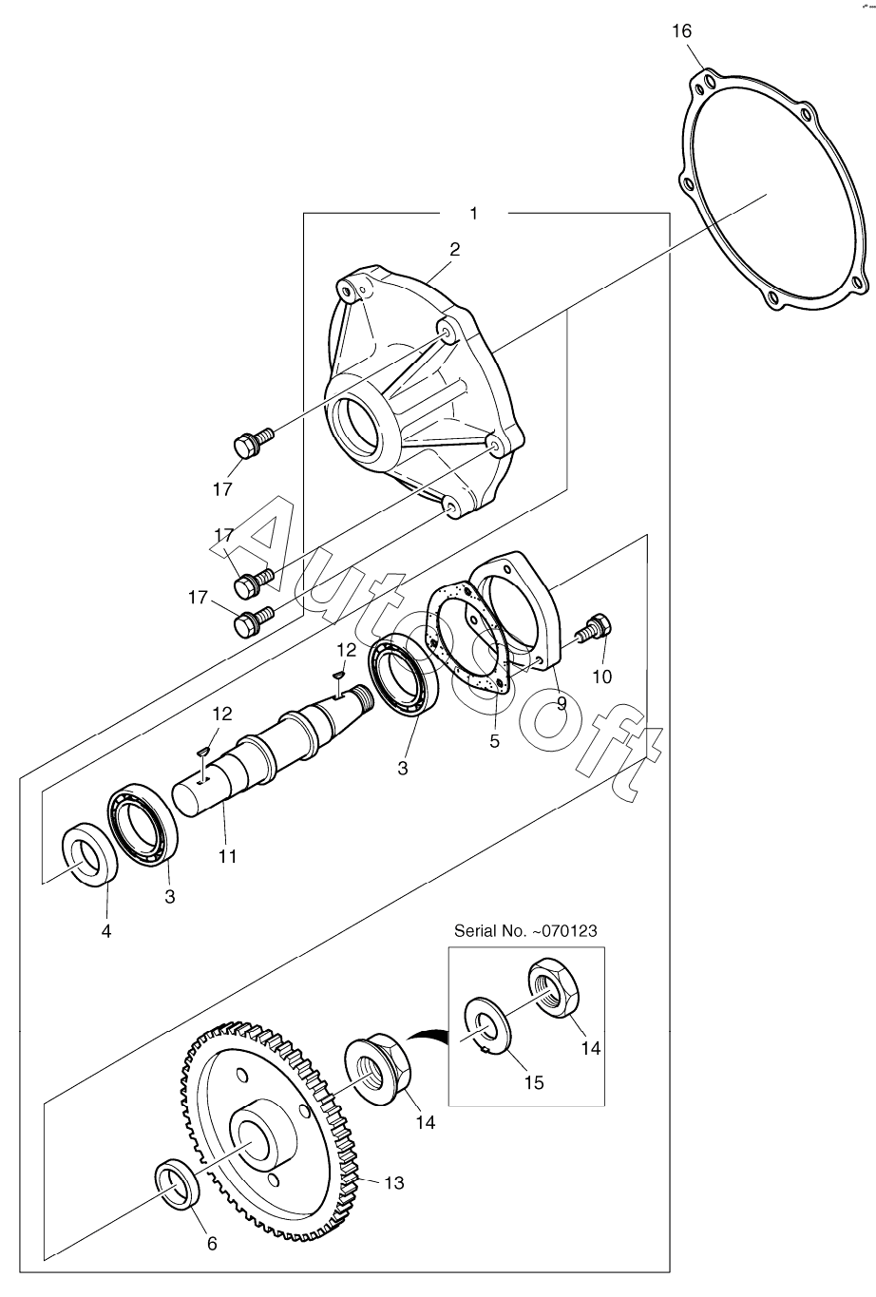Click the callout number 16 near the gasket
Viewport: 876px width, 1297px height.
pos(681,30)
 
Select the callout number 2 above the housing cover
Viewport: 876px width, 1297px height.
pos(454,250)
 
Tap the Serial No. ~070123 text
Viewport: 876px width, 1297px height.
pos(525,931)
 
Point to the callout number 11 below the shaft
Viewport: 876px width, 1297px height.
pos(227,856)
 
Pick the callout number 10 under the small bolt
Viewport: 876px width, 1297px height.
pos(602,677)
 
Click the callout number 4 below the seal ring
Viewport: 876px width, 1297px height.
pos(106,931)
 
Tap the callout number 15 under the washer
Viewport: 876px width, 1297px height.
pos(534,1083)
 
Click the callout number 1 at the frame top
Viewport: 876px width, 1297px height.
pos(473,214)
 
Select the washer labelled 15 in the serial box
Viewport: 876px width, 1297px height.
pos(489,1023)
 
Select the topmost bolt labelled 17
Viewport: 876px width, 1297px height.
pos(253,442)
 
